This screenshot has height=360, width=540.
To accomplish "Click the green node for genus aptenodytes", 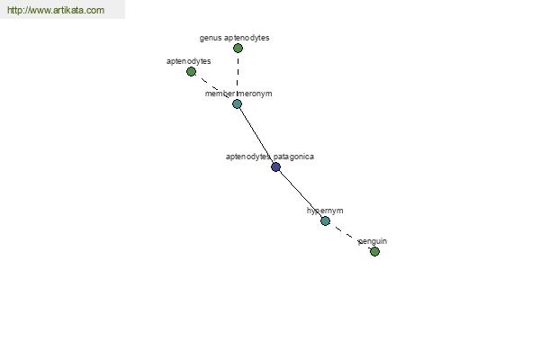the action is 238,49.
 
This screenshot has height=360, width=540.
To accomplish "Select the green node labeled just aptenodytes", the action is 191,72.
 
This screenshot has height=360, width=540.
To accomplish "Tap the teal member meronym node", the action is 237,104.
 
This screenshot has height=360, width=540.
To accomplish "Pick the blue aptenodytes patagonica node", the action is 276,167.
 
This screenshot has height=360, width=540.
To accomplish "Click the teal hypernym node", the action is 326,220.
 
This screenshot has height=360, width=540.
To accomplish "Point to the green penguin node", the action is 374,251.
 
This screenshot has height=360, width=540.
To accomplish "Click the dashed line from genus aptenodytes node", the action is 238,76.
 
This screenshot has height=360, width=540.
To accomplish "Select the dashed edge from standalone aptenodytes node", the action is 214,88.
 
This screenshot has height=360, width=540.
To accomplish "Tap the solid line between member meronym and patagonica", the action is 256,136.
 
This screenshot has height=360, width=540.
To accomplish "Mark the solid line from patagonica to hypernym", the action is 301,194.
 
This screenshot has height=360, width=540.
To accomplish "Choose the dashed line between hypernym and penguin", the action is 350,237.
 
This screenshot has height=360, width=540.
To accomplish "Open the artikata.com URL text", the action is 56,10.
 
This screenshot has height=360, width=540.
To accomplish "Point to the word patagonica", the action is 293,157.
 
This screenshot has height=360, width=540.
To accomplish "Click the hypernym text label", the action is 325,211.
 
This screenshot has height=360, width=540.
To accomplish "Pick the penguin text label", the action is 373,241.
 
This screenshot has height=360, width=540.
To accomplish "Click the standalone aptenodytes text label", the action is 189,61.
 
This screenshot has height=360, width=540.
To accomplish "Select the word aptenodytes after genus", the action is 247,38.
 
